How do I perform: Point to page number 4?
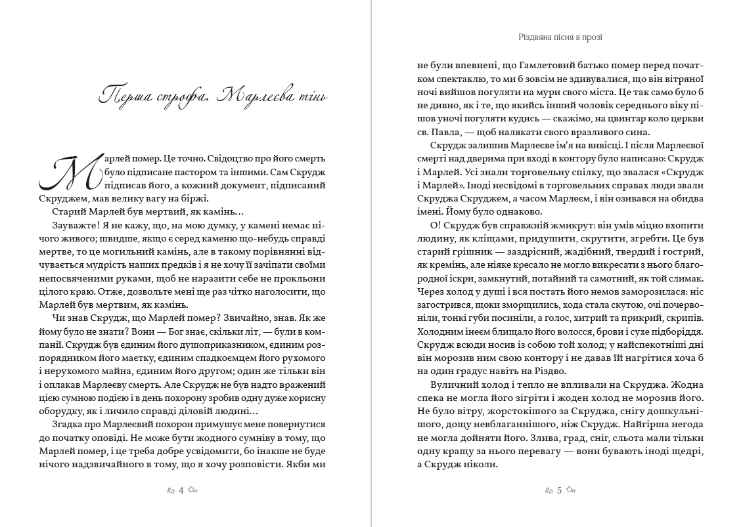click(x=181, y=490)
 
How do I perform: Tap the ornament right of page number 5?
click(x=572, y=490)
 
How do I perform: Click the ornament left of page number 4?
click(x=170, y=490)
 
